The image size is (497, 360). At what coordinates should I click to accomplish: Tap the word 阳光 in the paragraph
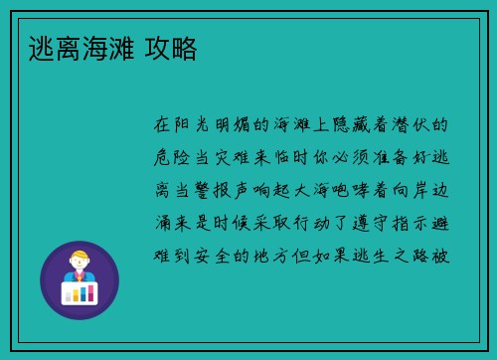coord(194,126)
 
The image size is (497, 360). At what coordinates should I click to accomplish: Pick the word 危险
coord(174,158)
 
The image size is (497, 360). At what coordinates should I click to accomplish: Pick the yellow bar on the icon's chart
coord(80,292)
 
